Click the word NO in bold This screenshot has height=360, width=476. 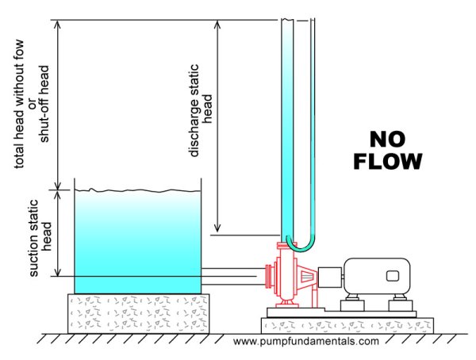click(x=387, y=140)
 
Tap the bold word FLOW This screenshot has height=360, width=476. click(x=388, y=161)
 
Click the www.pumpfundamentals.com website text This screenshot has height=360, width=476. click(x=306, y=341)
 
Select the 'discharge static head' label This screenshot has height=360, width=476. click(x=200, y=110)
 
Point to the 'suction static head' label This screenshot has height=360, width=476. click(x=40, y=238)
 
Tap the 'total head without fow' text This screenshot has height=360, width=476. click(x=19, y=104)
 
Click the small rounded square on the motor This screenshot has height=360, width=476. click(x=392, y=276)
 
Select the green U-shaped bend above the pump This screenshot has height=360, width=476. click(x=301, y=247)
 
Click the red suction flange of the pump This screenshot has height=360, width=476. click(x=269, y=276)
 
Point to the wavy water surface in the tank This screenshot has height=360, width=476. click(x=137, y=190)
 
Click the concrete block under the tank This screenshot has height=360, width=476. click(x=138, y=313)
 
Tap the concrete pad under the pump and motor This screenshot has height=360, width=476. click(x=347, y=326)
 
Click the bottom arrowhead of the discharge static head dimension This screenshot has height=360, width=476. click(x=217, y=228)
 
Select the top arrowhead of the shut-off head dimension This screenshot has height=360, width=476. click(x=57, y=25)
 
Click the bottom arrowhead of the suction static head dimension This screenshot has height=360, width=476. click(x=57, y=272)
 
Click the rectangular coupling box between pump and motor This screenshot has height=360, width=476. click(x=330, y=277)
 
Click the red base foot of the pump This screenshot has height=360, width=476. click(x=286, y=304)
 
